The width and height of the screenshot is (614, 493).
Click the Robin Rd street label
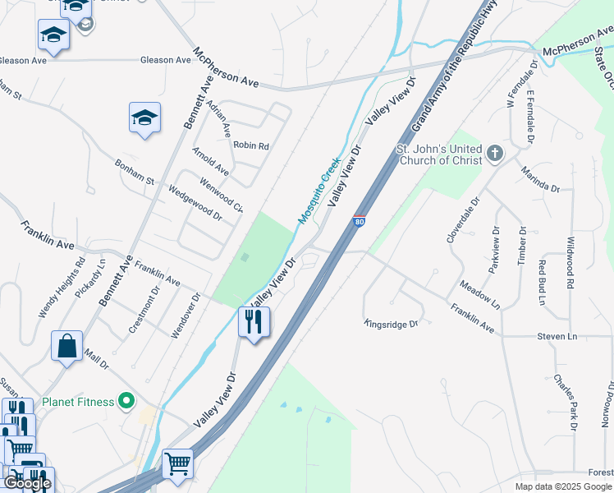point(251,145)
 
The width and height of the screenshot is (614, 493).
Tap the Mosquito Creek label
point(318,191)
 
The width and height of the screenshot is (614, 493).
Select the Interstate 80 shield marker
point(359,221)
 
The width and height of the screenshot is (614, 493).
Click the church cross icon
point(494,153)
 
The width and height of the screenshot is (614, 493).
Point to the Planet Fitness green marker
point(126,401)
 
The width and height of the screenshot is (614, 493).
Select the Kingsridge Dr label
point(392,324)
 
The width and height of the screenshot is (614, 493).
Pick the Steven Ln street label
point(557,336)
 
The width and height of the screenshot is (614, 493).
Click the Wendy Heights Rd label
point(62,288)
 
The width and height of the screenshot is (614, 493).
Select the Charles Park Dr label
point(565,403)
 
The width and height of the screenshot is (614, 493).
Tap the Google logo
point(27,483)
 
